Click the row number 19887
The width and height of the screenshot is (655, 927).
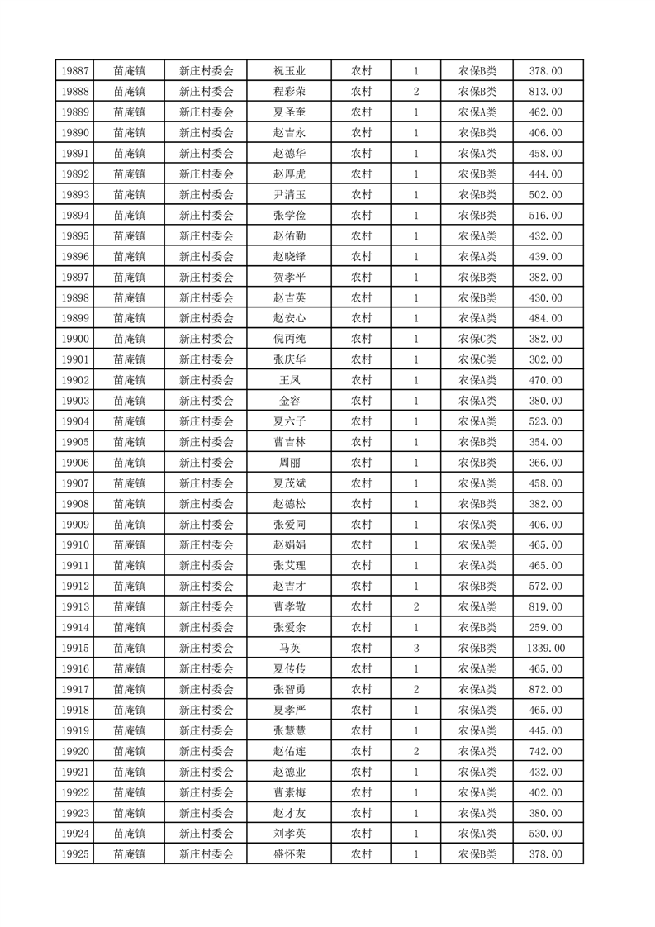coord(75,71)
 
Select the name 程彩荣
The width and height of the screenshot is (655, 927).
coord(289,92)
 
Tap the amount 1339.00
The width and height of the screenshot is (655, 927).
coord(546,648)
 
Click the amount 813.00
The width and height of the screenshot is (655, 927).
coord(546,92)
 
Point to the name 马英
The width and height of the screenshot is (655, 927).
coord(289,648)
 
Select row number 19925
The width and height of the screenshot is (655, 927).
coord(75,854)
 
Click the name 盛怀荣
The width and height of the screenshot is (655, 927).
coord(289,854)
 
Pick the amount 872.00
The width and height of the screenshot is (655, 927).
coord(546,689)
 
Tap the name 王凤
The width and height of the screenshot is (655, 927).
coord(289,380)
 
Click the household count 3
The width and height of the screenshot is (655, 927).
coord(415,648)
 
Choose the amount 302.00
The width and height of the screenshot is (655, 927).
coord(546,359)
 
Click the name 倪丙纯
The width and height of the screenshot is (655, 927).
coord(289,339)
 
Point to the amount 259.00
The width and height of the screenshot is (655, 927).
coord(546,627)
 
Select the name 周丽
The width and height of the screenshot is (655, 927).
coord(289,463)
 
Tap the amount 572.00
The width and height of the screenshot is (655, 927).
coord(546,586)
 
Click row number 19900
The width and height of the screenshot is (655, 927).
coord(75,339)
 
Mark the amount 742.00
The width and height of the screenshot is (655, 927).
coord(546,751)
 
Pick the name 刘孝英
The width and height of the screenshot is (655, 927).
coord(289,834)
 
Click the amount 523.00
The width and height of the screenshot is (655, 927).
coord(546,421)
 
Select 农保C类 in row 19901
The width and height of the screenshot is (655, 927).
coord(477,359)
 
